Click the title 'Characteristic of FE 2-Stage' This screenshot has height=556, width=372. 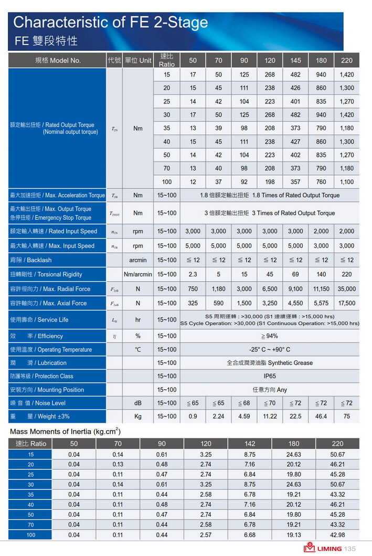click(111, 23)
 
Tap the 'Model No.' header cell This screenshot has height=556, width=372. click(58, 60)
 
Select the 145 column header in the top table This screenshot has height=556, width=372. click(295, 60)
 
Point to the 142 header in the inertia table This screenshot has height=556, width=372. click(250, 443)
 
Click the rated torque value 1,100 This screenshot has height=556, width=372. click(346, 182)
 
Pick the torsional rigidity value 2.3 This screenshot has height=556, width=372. click(193, 274)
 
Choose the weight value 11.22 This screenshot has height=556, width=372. click(270, 416)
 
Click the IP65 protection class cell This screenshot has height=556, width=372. click(270, 376)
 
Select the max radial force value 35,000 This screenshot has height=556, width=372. click(346, 289)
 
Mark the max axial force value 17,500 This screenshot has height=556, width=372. click(346, 303)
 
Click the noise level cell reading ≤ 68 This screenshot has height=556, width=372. click(244, 403)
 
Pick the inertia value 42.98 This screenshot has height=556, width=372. click(337, 534)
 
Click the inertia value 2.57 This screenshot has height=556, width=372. click(206, 534)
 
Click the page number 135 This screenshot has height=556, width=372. click(350, 549)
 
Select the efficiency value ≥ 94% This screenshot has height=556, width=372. click(270, 336)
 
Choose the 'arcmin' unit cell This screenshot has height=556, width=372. click(138, 260)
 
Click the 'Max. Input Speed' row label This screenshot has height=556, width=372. click(52, 246)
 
